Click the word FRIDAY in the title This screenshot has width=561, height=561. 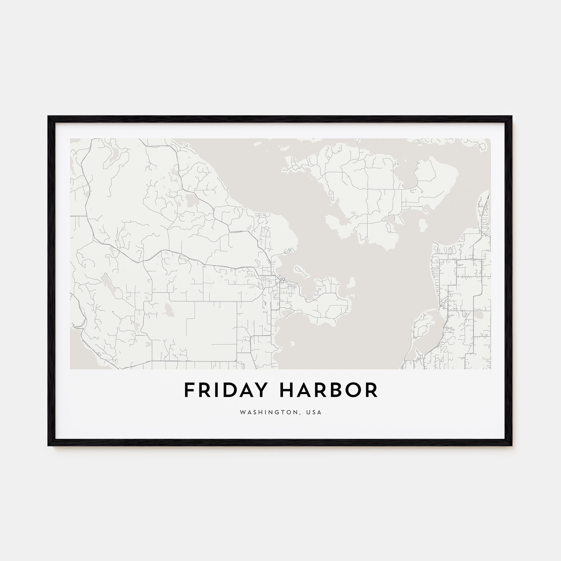225,390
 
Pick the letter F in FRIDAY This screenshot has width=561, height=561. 189,390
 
